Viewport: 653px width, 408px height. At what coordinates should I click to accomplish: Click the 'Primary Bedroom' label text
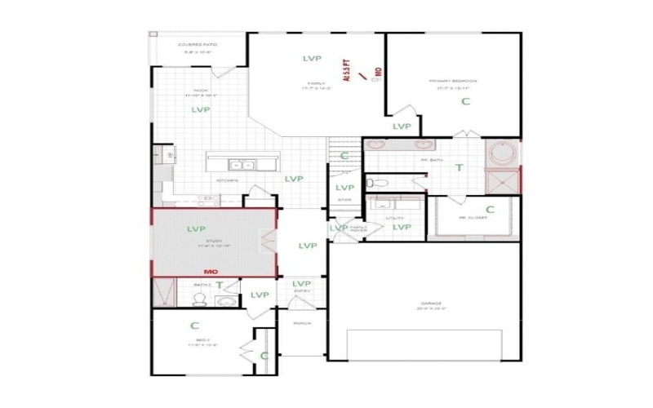click(453, 82)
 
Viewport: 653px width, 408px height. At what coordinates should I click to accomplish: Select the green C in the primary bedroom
click(465, 102)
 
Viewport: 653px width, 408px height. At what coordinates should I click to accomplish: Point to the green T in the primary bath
click(459, 168)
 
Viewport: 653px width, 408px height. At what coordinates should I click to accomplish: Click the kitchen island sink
click(242, 163)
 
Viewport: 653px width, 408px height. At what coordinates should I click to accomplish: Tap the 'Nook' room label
click(198, 91)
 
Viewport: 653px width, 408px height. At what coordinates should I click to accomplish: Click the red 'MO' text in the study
click(209, 270)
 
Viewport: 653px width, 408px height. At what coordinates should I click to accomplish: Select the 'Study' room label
click(214, 241)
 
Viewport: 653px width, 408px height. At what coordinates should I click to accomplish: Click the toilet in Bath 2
click(199, 298)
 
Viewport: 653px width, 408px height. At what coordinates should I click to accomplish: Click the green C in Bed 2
click(195, 325)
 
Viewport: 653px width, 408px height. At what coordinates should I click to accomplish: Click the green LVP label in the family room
click(312, 59)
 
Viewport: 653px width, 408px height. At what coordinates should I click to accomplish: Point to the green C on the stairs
click(344, 156)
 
